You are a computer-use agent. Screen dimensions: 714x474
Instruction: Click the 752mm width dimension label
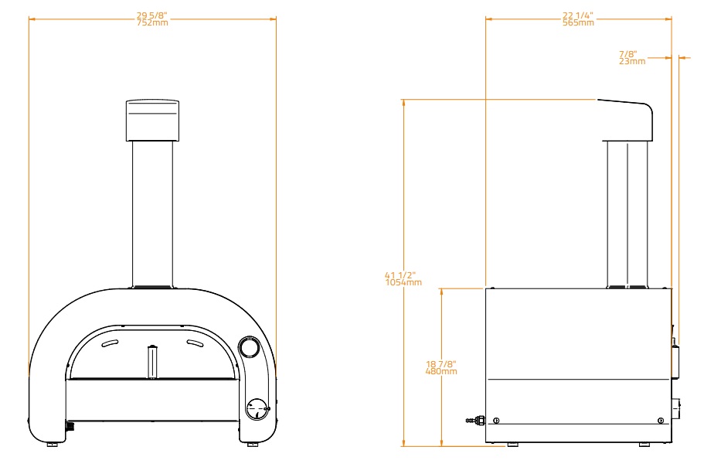(x=152, y=22)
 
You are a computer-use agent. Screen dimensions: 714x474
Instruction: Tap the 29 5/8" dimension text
(x=152, y=16)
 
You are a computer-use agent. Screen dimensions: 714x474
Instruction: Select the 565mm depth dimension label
(x=578, y=22)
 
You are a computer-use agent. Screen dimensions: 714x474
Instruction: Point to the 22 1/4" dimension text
(x=578, y=16)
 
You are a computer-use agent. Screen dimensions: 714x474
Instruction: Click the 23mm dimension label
(x=632, y=61)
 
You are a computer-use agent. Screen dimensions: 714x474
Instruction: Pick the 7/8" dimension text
(x=628, y=54)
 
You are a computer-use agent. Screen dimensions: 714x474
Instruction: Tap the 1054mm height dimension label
(x=403, y=282)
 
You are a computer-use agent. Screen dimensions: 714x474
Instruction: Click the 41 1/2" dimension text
(x=400, y=275)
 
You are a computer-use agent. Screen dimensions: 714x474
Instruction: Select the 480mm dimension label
(x=441, y=371)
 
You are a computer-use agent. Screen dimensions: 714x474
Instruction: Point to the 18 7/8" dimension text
(x=441, y=364)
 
